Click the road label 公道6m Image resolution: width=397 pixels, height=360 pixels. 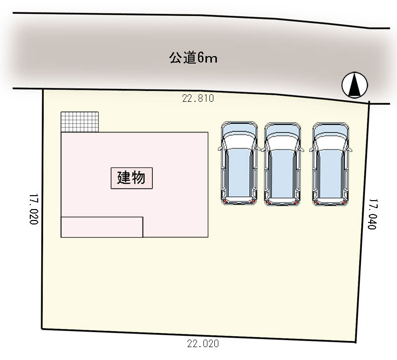coord(193,58)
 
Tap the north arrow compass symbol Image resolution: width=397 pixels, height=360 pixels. coord(354,85)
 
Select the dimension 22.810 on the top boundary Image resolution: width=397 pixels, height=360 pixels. coord(198,98)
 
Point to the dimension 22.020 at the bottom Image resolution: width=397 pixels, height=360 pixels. coord(203,344)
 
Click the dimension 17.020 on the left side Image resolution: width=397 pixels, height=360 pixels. coord(34,209)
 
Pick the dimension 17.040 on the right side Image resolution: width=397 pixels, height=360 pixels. coord(372,214)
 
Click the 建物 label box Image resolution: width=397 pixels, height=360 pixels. coord(132,178)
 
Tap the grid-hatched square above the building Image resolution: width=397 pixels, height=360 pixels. coord(80,122)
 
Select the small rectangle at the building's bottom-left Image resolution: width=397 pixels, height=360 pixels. coord(102,227)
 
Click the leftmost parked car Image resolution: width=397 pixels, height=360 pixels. coord(239,163)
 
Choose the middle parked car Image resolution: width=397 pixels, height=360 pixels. coord(282,164)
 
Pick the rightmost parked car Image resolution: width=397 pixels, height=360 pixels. coord(331,164)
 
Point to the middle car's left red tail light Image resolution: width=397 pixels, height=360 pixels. coord(268,202)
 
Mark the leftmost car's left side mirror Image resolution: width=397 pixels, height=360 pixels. coord(220,148)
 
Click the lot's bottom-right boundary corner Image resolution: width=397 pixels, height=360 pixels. coord(356,342)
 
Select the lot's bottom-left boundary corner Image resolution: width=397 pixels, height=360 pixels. coord(42,329)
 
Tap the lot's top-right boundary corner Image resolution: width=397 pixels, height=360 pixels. coord(369,103)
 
